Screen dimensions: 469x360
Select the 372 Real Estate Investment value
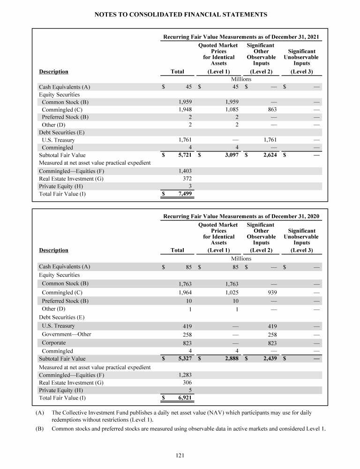tap(186, 178)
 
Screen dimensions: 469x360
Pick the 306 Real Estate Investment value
tap(186, 382)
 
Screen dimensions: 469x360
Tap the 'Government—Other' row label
tap(67, 334)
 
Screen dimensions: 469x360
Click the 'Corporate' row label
tap(54, 343)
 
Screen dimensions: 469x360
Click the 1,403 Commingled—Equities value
tap(184, 171)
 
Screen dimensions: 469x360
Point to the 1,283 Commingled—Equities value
tap(184, 375)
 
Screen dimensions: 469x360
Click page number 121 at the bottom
tap(180, 454)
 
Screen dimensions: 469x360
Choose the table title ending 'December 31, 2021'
tap(241, 36)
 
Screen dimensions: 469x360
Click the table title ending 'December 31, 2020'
tap(241, 216)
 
